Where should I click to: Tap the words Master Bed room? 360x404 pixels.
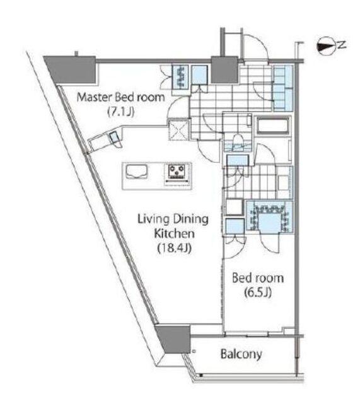pos(120,97)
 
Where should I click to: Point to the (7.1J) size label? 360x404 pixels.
pos(120,112)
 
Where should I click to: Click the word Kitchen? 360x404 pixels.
pos(174,234)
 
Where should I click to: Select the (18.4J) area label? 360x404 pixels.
pos(174,248)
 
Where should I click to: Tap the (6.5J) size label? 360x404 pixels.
pos(258,292)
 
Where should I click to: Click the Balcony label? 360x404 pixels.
pos(241,354)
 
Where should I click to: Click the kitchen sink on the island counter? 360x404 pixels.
pos(136,172)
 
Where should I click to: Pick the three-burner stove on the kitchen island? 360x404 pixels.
pos(177,172)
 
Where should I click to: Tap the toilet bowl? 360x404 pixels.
pos(236,141)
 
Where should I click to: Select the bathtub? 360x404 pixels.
pos(273,126)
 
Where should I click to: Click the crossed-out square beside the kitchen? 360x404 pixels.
pos(179,129)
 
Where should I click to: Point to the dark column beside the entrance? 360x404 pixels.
pos(224,69)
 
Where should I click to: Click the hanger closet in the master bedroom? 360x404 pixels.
pos(180,77)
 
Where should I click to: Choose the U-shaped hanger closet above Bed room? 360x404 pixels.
pos(270,217)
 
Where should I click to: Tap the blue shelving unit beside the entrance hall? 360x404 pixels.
pos(283,88)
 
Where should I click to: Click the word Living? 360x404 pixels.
pos(153,219)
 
